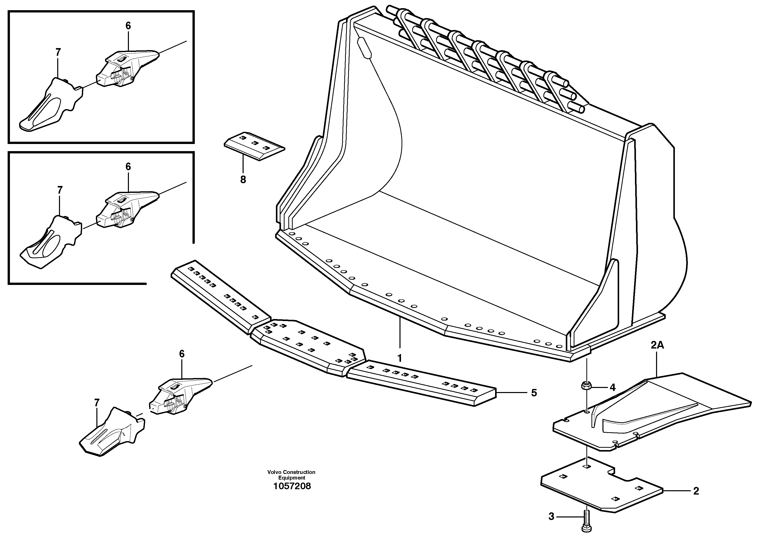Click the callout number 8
243,180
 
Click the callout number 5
534,393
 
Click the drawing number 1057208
292,486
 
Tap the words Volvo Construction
291,472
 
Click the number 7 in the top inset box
58,52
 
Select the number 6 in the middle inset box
128,167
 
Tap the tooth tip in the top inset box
49,104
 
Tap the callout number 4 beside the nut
613,387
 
